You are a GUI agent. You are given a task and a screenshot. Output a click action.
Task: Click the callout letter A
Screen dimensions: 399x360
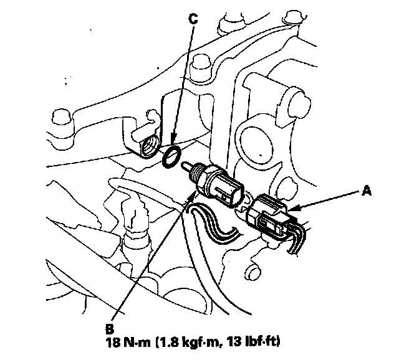pos(366,191)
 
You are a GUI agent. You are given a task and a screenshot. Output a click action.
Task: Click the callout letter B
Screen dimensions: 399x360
pos(110,329)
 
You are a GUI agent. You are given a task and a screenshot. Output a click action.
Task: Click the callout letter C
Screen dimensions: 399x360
pos(193,19)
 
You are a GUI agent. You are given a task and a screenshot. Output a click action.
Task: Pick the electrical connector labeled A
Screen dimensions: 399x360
pos(271,216)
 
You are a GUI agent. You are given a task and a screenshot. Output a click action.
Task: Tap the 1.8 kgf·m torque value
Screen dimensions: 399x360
pos(190,343)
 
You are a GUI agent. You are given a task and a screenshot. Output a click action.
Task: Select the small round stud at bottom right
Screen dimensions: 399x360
pos(252,272)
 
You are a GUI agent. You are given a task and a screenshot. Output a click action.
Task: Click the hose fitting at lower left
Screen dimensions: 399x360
pos(135,229)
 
